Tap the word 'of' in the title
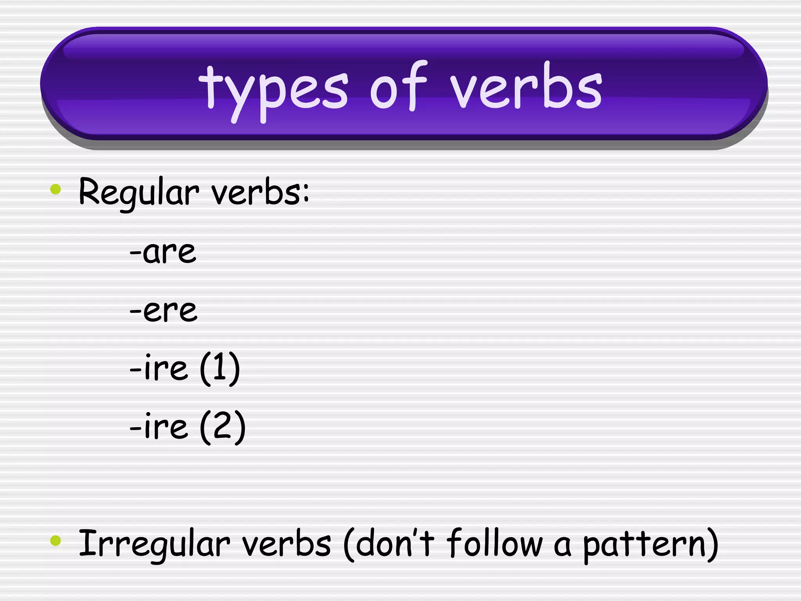pyautogui.click(x=398, y=87)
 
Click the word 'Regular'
pyautogui.click(x=139, y=193)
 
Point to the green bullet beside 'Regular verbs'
pyautogui.click(x=56, y=189)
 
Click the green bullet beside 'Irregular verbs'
pyautogui.click(x=56, y=541)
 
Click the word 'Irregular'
pyautogui.click(x=154, y=544)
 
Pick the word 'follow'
pyautogui.click(x=494, y=543)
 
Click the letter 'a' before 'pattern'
pyautogui.click(x=562, y=546)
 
